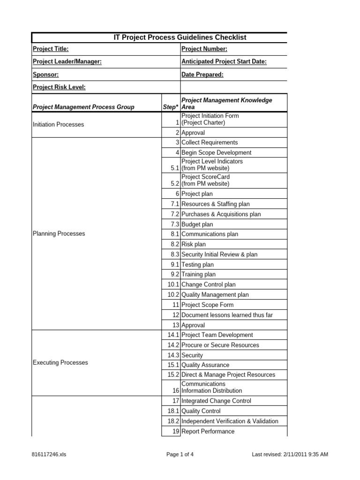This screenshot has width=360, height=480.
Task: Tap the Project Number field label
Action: coord(204,49)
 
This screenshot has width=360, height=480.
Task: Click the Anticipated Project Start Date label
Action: coord(224,62)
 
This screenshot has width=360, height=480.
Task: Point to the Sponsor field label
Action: coord(45,75)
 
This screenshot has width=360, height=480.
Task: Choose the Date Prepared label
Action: coord(202,75)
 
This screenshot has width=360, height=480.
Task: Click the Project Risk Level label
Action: coord(59,87)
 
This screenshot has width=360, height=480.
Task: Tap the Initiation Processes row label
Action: coord(59,125)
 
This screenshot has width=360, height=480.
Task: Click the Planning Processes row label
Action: coord(59,233)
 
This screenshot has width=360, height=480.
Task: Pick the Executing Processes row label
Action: coord(60,363)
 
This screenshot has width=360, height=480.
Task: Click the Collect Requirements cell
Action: coord(210,142)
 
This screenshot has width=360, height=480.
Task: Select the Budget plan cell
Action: coord(197,225)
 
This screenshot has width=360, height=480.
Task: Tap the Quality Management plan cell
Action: coord(215,295)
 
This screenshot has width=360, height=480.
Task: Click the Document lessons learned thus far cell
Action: coord(227,315)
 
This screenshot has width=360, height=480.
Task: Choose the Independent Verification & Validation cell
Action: coord(230,421)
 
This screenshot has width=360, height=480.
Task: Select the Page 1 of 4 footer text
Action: coord(180,454)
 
